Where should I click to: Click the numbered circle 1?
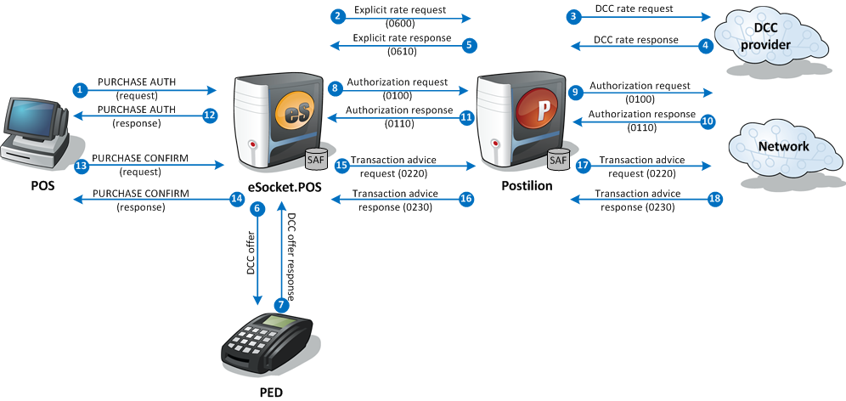80,89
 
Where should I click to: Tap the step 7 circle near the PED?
281,304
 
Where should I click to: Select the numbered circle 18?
714,199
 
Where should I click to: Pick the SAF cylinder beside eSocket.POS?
317,159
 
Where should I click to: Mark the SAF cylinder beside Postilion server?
558,159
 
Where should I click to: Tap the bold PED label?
270,393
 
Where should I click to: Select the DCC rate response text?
635,39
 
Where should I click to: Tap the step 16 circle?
465,199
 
